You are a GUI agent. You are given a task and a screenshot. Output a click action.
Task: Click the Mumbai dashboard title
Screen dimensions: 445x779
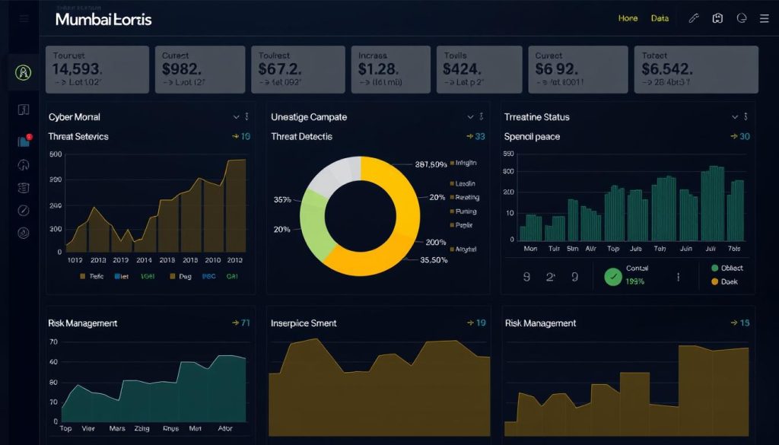coord(103,19)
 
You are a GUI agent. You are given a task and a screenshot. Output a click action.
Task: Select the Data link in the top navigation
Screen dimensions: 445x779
coord(660,18)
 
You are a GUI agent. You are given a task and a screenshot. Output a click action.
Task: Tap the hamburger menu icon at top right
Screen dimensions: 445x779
coord(764,18)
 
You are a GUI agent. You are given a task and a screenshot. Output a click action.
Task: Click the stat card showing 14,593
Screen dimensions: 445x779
coord(97,69)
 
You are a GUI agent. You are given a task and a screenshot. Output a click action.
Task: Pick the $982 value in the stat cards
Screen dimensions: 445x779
coord(182,68)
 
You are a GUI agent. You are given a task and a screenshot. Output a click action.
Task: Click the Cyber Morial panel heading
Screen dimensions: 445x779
coord(74,117)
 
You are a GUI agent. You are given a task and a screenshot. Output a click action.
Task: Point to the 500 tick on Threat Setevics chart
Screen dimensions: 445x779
coord(55,154)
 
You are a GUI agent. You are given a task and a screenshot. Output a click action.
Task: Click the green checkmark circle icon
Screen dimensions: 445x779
coord(612,276)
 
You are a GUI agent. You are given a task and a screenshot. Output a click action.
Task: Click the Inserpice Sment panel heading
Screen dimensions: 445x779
coord(304,323)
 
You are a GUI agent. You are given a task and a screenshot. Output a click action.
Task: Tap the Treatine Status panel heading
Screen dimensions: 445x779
coord(536,117)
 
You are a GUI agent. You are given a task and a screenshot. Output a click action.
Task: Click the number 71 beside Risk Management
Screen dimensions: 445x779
coord(245,323)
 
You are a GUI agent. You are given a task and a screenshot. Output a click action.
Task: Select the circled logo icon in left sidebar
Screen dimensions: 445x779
coord(23,73)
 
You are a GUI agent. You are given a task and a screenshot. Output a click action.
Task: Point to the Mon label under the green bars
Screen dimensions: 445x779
coord(530,249)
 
